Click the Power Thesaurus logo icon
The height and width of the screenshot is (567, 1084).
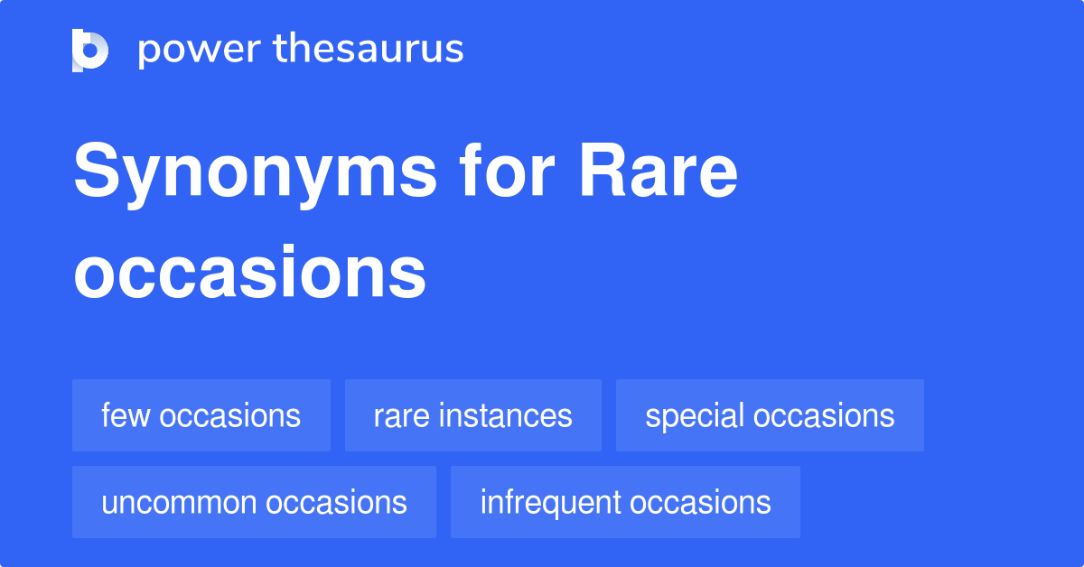tap(90, 50)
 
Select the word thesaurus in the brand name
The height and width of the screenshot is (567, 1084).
tap(369, 50)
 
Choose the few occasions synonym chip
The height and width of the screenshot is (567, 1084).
tap(201, 415)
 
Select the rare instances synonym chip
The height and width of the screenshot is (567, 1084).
tap(472, 415)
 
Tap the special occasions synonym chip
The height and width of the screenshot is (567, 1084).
tap(770, 415)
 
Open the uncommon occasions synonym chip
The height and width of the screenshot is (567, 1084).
tap(254, 502)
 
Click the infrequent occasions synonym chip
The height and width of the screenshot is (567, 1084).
tap(625, 502)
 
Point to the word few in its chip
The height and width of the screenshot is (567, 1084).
tap(120, 415)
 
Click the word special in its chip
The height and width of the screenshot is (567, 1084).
tap(694, 416)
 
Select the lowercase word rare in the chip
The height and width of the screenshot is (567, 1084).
tap(399, 416)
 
